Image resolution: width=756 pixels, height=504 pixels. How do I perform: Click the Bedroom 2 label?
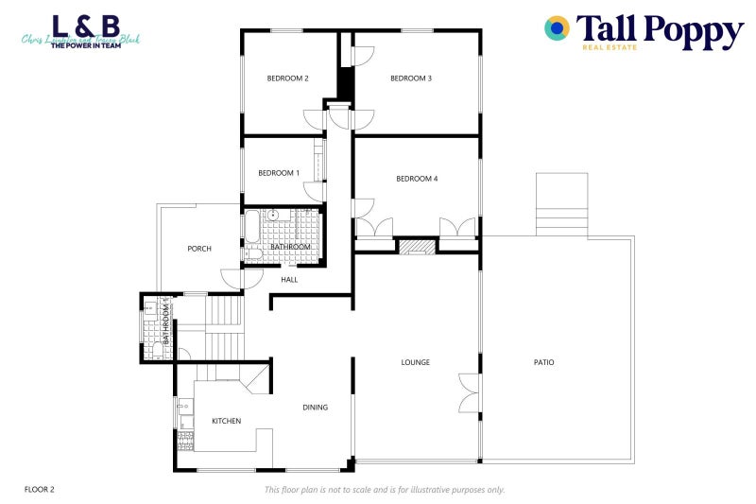coord(288,78)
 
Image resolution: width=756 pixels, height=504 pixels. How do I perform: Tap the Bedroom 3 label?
coord(411,78)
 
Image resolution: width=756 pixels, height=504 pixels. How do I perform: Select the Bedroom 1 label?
coord(279,173)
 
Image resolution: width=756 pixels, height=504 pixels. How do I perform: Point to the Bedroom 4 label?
coord(417,179)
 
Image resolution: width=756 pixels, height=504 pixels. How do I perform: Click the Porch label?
coord(199,249)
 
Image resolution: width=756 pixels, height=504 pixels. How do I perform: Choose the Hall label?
coord(289,280)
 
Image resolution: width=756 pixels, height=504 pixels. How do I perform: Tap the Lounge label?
coord(416,362)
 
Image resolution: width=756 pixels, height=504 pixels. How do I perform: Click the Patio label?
coord(543,362)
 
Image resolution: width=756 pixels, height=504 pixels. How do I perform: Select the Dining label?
coord(316,408)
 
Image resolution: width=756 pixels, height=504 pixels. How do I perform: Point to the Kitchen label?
coord(226,421)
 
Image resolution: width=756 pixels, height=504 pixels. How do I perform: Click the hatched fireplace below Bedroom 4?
coord(416,247)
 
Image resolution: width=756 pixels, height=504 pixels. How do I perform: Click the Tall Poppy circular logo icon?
coord(558,28)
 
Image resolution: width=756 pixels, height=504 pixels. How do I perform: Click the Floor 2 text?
coord(40,489)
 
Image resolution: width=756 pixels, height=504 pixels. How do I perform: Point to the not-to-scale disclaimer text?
coord(385,490)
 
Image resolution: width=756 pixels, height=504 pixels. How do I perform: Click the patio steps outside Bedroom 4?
coord(561,205)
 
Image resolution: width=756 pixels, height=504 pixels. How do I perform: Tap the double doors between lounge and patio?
coord(467,393)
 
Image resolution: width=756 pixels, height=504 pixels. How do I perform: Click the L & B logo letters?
coord(85,26)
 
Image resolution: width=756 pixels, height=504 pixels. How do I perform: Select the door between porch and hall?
coord(232,279)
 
